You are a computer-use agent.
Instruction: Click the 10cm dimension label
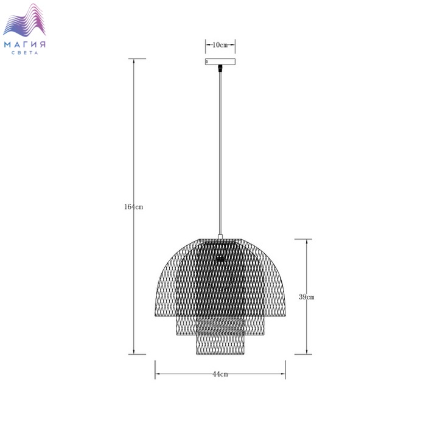point(220,45)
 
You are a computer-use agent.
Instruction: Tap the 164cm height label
point(133,207)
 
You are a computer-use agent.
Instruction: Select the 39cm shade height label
point(307,297)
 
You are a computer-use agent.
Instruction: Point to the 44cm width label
point(220,374)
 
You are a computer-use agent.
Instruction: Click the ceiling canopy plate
point(220,61)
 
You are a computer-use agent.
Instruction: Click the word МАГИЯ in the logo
point(25,44)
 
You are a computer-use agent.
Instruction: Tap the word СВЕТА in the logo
point(25,53)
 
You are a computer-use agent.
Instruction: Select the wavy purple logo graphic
point(24,20)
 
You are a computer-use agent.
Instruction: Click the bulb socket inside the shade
point(220,259)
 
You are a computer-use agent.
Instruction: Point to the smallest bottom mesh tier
point(220,344)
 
